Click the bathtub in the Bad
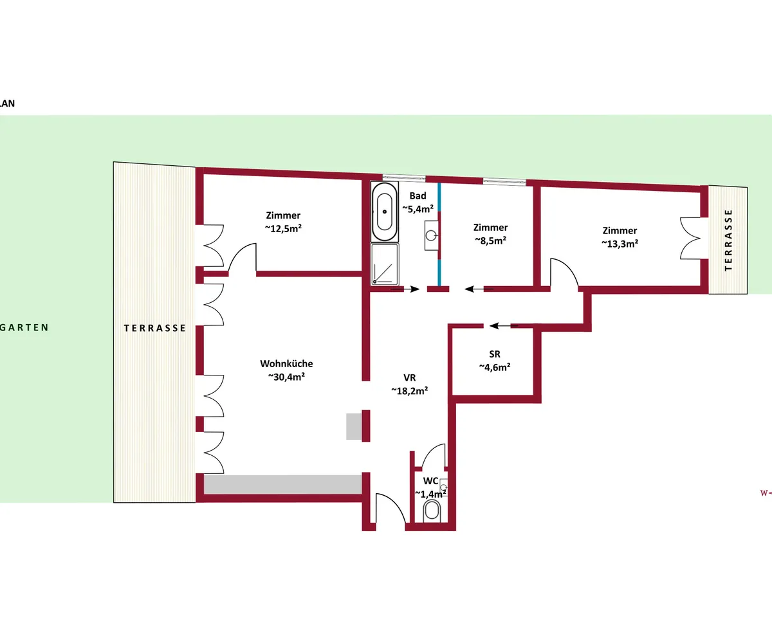(385, 212)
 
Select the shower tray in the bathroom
(385, 264)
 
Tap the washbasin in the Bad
(432, 235)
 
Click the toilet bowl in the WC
(432, 511)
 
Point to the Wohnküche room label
(286, 364)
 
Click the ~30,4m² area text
(286, 377)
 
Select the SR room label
(495, 354)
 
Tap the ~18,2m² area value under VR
(410, 390)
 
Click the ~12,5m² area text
(283, 228)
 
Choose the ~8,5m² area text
(491, 240)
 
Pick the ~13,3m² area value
(620, 244)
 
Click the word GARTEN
(24, 327)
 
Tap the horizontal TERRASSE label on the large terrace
(155, 328)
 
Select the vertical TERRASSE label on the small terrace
(728, 240)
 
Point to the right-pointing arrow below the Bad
(405, 289)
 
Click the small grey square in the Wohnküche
(354, 426)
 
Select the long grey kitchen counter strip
(283, 484)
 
